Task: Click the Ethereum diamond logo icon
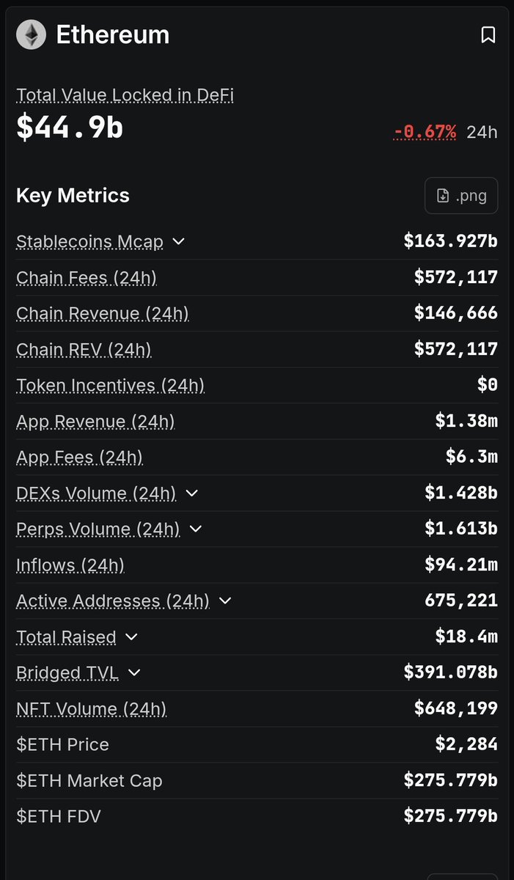[31, 34]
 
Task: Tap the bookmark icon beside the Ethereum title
[488, 35]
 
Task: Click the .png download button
[461, 196]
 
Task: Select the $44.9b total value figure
[70, 127]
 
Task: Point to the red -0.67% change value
[425, 132]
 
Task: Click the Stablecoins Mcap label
[89, 241]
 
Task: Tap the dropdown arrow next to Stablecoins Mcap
[179, 241]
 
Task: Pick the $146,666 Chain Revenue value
[456, 313]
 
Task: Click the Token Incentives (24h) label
[110, 386]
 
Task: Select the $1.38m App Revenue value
[466, 421]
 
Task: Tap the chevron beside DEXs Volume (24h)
[191, 493]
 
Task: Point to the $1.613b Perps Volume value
[461, 529]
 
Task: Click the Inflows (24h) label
[70, 565]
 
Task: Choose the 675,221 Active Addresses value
[461, 601]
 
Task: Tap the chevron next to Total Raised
[131, 637]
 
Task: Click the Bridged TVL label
[67, 673]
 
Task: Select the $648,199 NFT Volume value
[456, 708]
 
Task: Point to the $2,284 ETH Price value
[466, 744]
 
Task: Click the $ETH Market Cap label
[89, 780]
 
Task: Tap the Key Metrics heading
[73, 196]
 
